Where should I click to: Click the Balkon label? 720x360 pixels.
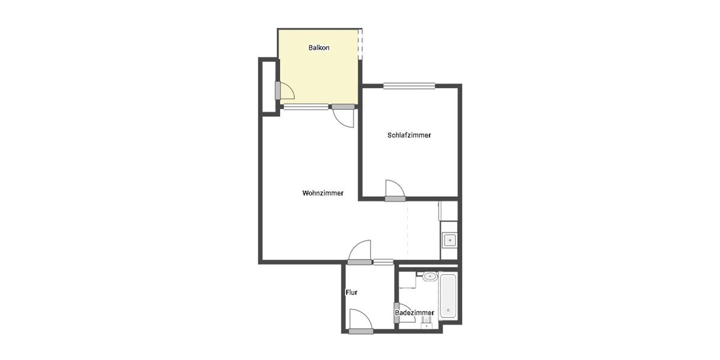(319, 48)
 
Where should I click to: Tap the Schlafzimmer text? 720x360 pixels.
(409, 136)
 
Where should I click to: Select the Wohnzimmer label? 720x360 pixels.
(323, 193)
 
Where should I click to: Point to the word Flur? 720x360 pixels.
(352, 293)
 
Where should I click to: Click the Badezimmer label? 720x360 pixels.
(415, 313)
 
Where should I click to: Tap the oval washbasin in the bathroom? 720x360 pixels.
(430, 277)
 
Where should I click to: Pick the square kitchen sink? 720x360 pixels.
(449, 241)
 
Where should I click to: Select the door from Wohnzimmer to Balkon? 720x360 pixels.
(344, 116)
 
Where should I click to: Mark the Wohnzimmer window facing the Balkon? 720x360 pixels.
(306, 107)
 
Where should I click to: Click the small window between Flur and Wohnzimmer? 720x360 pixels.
(383, 262)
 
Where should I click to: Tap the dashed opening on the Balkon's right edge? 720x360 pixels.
(360, 45)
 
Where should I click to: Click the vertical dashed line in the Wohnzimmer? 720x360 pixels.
(408, 234)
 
